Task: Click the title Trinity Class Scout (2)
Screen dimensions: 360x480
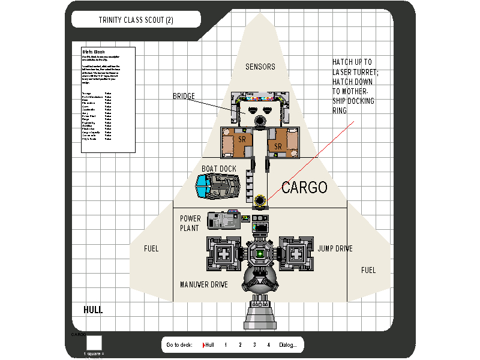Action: pyautogui.click(x=136, y=20)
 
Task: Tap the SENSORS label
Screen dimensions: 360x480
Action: pyautogui.click(x=260, y=67)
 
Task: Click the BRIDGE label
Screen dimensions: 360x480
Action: pyautogui.click(x=184, y=96)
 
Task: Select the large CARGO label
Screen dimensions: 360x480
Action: pyautogui.click(x=304, y=188)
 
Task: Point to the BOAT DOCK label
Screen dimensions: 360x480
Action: pyautogui.click(x=219, y=169)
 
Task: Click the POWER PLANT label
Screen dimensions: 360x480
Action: pyautogui.click(x=190, y=223)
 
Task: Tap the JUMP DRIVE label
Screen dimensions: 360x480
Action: pyautogui.click(x=335, y=248)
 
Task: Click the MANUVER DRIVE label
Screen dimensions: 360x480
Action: pyautogui.click(x=204, y=284)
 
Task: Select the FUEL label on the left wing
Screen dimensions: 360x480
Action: pyautogui.click(x=151, y=248)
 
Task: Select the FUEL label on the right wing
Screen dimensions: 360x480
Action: pyautogui.click(x=368, y=271)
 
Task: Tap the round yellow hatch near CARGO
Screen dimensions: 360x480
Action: pyautogui.click(x=260, y=200)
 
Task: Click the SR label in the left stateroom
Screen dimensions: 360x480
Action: pyautogui.click(x=242, y=139)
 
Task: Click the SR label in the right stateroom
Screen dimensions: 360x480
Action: pyautogui.click(x=278, y=146)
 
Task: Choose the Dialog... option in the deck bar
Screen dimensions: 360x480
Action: pyautogui.click(x=287, y=345)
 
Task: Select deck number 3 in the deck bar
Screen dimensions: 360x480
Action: pyautogui.click(x=254, y=345)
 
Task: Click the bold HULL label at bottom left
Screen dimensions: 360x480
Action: pyautogui.click(x=93, y=310)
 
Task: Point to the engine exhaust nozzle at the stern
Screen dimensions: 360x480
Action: pyautogui.click(x=261, y=315)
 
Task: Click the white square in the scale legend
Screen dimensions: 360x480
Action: pyautogui.click(x=94, y=343)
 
